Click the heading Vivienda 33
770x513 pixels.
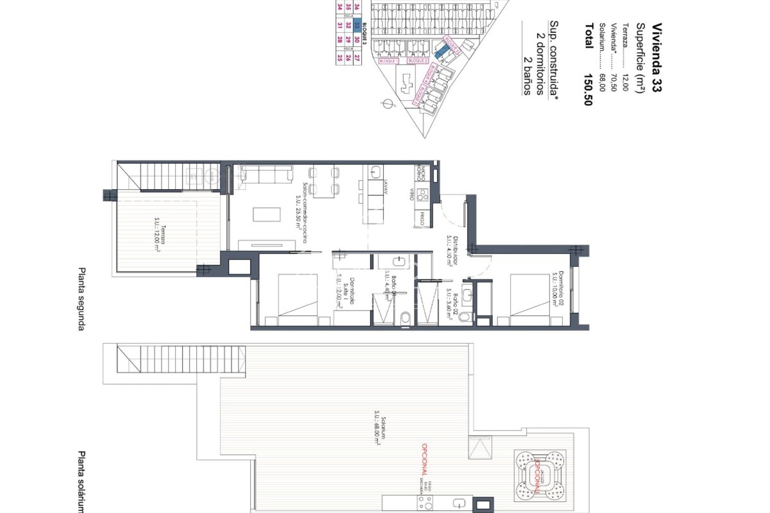657,58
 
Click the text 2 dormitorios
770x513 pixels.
540,64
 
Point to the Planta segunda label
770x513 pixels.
81,299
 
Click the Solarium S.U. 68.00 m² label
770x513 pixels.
379,436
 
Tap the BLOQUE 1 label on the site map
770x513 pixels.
388,61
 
